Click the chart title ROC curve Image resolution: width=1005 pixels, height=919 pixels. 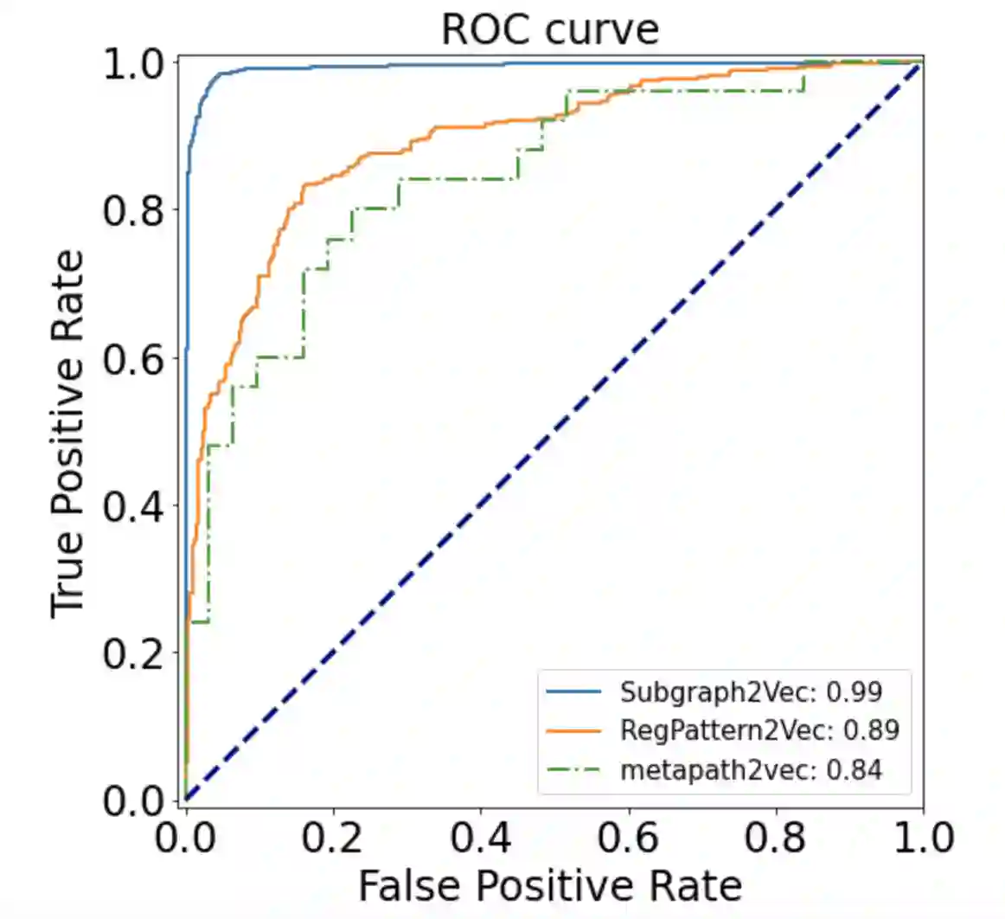tap(550, 29)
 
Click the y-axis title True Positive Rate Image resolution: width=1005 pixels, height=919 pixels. tap(67, 434)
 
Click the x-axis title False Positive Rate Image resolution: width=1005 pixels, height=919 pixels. tap(550, 885)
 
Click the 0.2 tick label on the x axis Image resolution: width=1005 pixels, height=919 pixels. tap(333, 838)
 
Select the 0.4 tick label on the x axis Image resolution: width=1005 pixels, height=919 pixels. tap(481, 838)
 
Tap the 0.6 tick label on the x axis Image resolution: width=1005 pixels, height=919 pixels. tap(629, 838)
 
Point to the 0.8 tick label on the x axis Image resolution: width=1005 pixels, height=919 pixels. tap(776, 838)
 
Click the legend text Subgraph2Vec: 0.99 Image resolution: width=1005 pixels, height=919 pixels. tap(751, 691)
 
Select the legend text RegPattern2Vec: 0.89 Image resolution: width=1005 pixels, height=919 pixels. tap(759, 730)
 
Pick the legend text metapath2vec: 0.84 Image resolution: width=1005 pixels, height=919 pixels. tap(751, 769)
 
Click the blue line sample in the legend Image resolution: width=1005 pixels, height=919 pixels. tap(573, 691)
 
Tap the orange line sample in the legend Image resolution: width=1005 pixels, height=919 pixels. tap(573, 730)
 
